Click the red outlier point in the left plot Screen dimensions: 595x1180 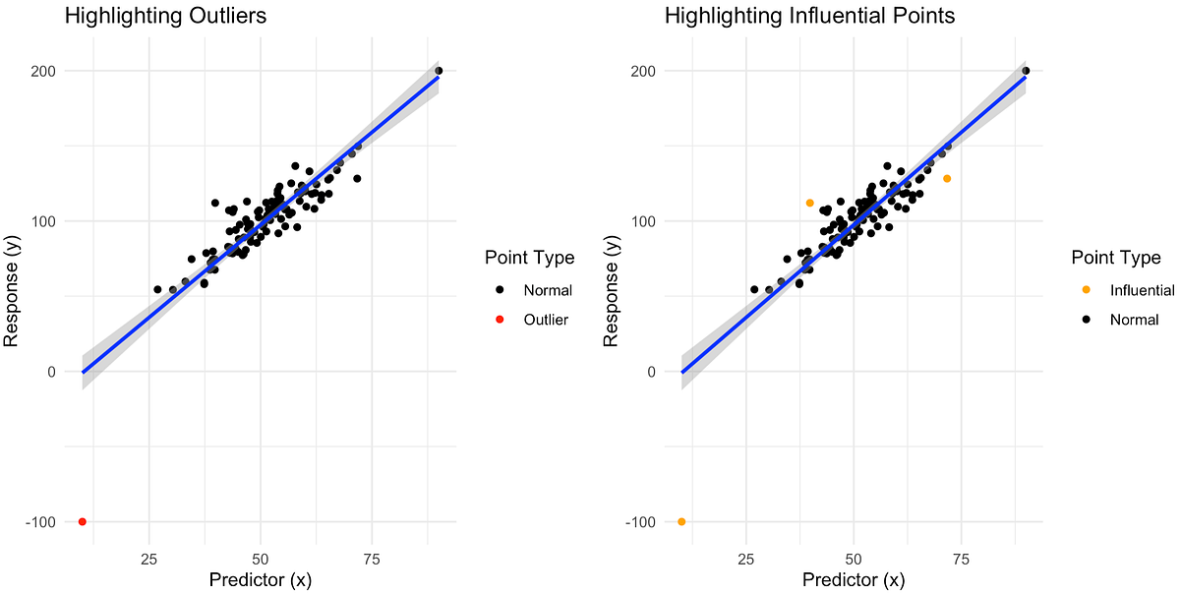coord(83,521)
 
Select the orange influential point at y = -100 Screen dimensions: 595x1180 coord(681,521)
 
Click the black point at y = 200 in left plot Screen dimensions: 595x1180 coord(439,71)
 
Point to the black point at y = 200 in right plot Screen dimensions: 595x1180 coord(1026,71)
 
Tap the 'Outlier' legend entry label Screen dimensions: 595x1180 coord(546,320)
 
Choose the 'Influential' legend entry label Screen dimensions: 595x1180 coord(1142,290)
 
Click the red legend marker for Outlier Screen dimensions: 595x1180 coord(500,320)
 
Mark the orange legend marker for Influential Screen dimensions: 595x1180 coord(1087,290)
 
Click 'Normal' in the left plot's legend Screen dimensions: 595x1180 coord(548,290)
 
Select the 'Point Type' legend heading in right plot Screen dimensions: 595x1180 coord(1116,258)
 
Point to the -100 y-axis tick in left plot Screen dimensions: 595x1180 coord(42,521)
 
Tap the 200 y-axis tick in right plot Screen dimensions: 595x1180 coord(642,71)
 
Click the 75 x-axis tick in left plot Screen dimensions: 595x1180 coord(372,559)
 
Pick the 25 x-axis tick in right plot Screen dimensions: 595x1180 coord(746,559)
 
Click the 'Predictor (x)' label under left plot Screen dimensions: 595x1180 coord(261,580)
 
